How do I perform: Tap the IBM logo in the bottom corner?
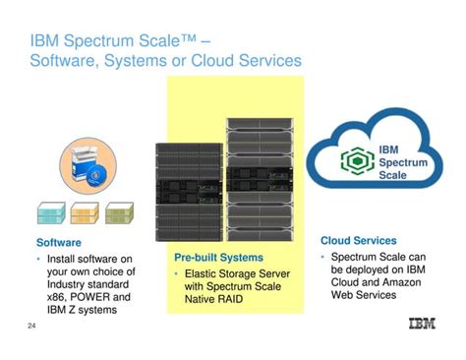[426, 325]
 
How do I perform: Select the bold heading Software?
[59, 241]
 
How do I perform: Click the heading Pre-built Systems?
[218, 257]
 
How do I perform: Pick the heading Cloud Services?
[359, 240]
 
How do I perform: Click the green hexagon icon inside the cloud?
[355, 161]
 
